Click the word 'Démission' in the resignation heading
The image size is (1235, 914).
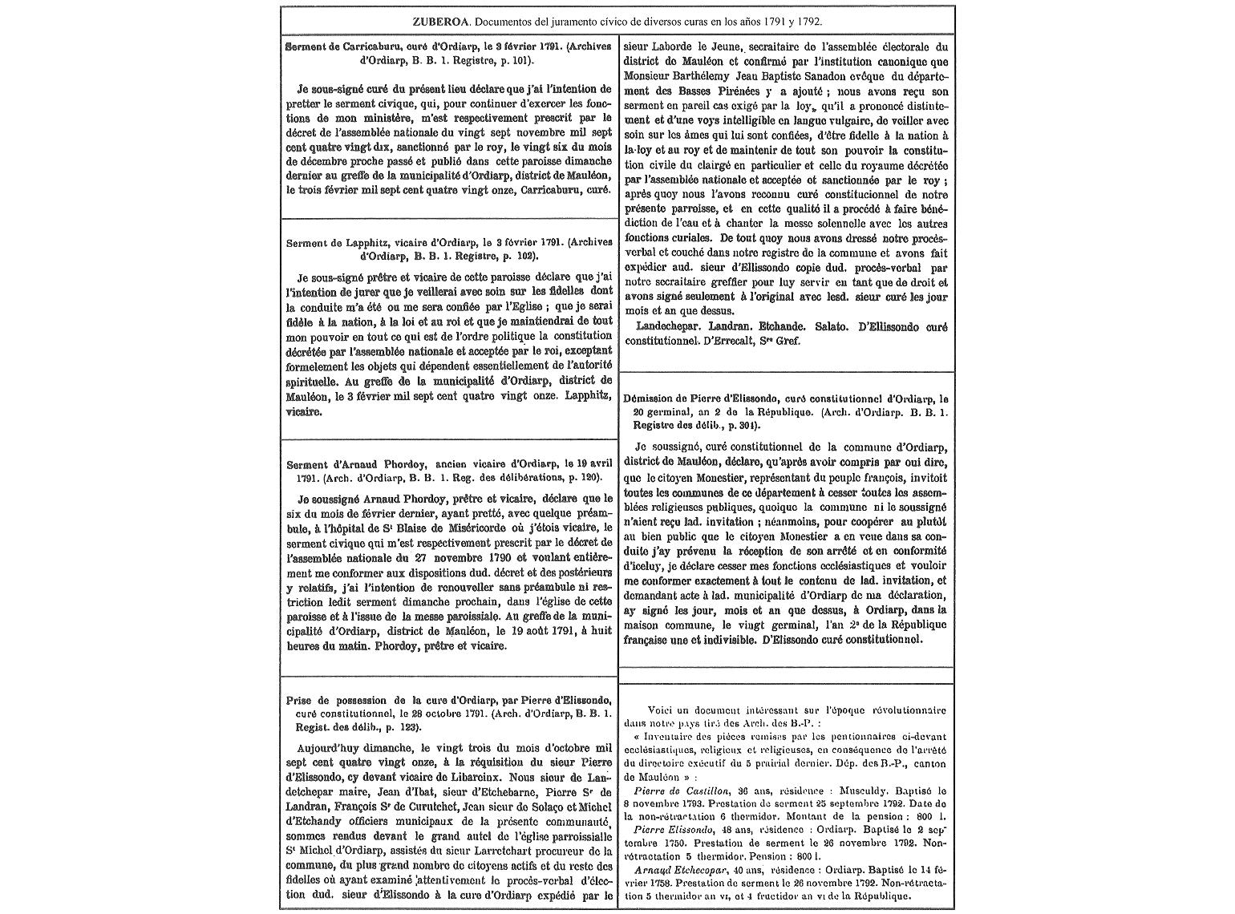(x=651, y=398)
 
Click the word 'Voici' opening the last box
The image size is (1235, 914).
(x=660, y=710)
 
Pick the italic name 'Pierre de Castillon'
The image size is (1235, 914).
(x=682, y=790)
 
